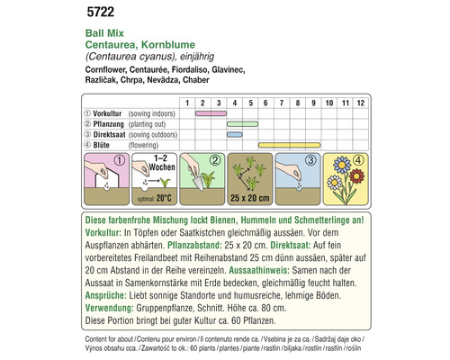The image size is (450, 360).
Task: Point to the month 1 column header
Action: click(187, 102)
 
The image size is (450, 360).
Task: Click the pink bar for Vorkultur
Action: click(210, 113)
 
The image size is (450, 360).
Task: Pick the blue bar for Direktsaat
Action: click(234, 134)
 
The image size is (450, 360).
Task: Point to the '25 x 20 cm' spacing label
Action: click(244, 197)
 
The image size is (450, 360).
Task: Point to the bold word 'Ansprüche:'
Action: click(103, 293)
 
